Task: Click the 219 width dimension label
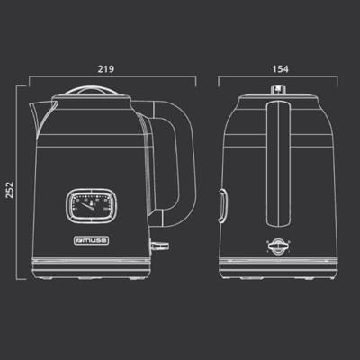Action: [x=106, y=69]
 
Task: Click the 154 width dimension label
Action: [x=280, y=69]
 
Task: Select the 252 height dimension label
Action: [x=10, y=189]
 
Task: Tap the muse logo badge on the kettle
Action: [x=91, y=240]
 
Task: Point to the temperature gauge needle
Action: [x=88, y=205]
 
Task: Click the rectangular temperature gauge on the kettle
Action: [x=91, y=206]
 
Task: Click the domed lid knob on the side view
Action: [x=90, y=91]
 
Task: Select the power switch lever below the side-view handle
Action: [x=159, y=246]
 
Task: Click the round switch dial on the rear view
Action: [x=279, y=247]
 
